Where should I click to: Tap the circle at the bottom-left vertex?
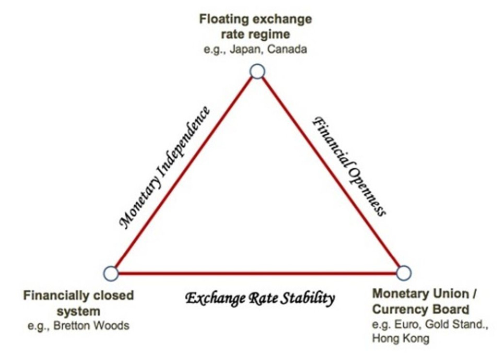tap(110, 273)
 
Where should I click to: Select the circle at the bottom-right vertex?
tap(404, 272)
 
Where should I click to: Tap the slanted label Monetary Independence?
tap(165, 167)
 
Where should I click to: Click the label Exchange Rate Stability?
tap(260, 298)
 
